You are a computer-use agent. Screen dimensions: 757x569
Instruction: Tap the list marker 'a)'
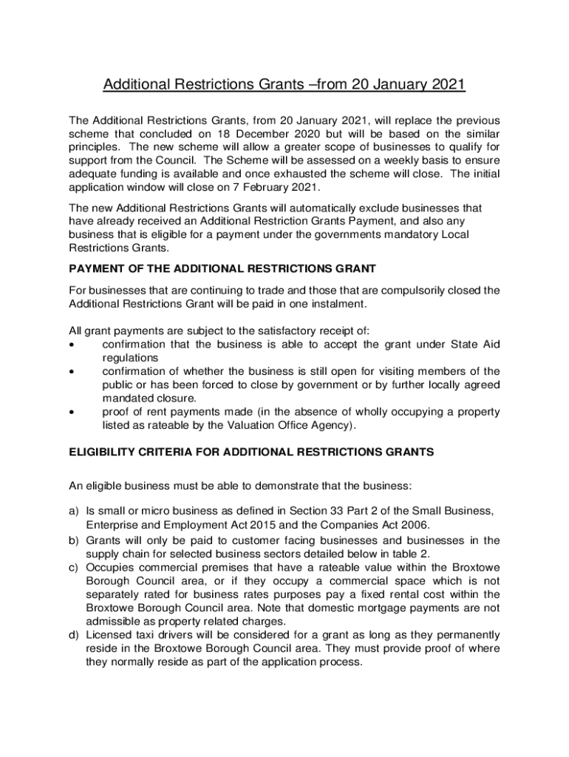click(x=74, y=510)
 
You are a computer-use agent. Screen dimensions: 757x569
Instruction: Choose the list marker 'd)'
click(x=74, y=635)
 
